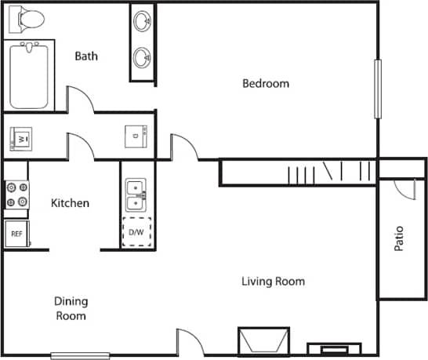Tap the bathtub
[x=31, y=77]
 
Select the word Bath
[x=85, y=56]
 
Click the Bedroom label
[x=265, y=84]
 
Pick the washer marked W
[x=23, y=138]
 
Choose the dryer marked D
[x=136, y=136]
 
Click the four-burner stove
[x=16, y=195]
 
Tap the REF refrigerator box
[x=16, y=234]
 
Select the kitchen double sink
[x=136, y=195]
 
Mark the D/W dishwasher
[x=136, y=232]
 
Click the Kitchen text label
[x=70, y=203]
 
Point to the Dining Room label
[x=70, y=308]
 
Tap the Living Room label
[x=273, y=282]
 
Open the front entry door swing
[x=188, y=341]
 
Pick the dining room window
[x=80, y=355]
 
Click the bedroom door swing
[x=183, y=147]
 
